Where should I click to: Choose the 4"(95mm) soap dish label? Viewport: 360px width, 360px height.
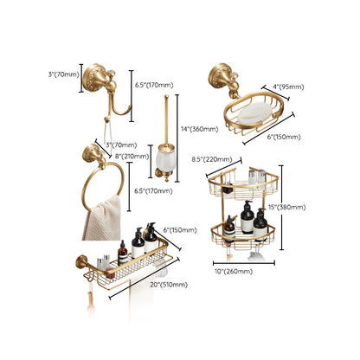[289, 86]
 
